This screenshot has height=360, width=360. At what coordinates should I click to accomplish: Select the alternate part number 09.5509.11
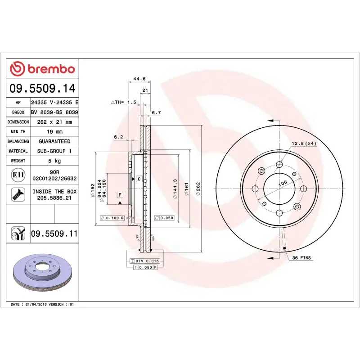54,234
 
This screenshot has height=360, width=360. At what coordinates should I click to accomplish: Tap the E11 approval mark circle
18,175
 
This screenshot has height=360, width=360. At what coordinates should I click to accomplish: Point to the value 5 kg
54,161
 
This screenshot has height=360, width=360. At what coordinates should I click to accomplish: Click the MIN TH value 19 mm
54,131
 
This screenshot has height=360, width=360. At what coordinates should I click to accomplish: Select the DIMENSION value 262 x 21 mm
54,122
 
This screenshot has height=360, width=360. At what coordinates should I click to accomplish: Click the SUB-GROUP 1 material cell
54,151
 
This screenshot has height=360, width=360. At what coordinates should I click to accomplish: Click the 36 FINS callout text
301,258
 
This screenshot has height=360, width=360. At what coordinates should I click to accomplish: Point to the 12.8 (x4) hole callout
304,143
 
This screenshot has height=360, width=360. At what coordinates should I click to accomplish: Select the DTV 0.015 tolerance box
147,261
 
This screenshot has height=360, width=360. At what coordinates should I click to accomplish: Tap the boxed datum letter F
120,195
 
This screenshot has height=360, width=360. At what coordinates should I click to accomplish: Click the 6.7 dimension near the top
156,112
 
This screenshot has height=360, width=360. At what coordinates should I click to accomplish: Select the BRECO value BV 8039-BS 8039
54,112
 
